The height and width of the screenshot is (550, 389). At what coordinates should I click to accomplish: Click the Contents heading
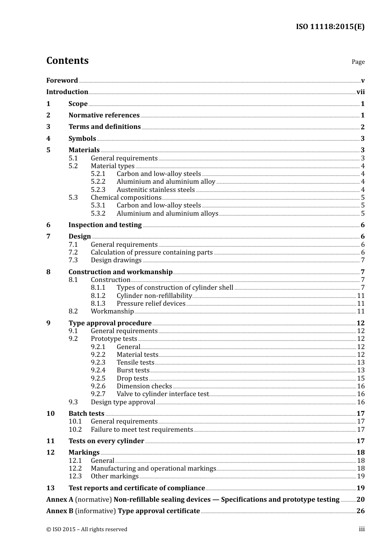(67, 61)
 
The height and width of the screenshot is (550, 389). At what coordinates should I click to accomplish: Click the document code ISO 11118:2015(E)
(330, 27)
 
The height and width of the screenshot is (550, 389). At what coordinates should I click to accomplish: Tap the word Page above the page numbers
(358, 62)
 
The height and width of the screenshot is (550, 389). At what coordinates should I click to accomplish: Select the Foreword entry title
(62, 81)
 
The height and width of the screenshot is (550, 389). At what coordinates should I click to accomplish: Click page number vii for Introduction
(360, 92)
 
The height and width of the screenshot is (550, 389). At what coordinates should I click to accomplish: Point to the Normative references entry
(104, 115)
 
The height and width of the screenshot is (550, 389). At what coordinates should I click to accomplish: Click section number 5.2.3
(98, 190)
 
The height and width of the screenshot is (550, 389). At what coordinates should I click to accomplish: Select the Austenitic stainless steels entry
(156, 190)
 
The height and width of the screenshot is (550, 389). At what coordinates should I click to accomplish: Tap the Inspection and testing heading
(105, 225)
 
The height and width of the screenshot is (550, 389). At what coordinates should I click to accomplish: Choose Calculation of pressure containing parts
(152, 252)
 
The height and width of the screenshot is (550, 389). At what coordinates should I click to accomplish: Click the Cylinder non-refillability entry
(154, 296)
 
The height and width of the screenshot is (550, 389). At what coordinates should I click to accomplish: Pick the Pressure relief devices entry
(151, 304)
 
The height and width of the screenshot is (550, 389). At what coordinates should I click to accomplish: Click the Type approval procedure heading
(110, 323)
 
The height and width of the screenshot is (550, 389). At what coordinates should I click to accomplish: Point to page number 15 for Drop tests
(361, 379)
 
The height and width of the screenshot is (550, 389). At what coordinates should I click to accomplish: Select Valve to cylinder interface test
(163, 394)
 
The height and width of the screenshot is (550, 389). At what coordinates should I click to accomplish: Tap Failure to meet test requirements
(142, 430)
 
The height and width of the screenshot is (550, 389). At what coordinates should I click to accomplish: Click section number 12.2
(75, 469)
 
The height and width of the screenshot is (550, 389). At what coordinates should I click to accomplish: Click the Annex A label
(59, 500)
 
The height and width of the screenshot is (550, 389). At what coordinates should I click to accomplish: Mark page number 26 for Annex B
(360, 511)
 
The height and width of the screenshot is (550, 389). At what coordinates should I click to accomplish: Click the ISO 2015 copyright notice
(87, 530)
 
